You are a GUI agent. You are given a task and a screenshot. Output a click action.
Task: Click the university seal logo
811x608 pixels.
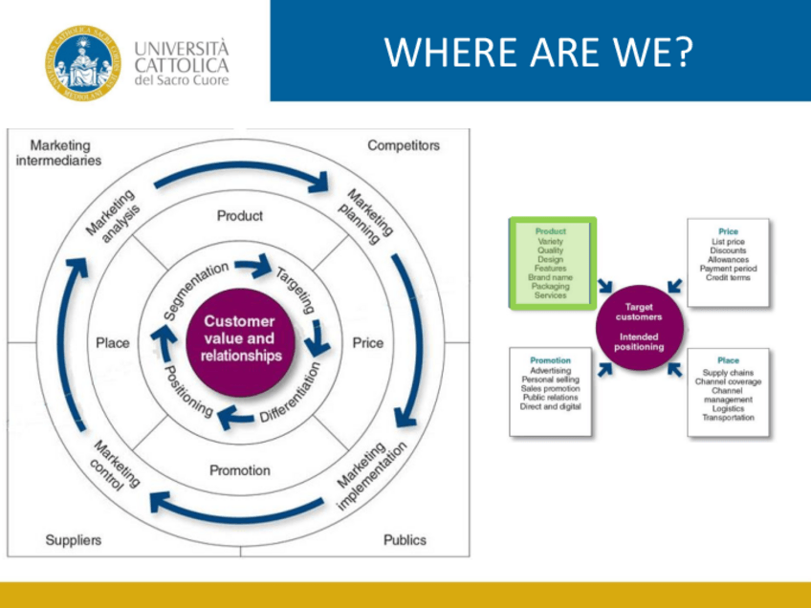[83, 61]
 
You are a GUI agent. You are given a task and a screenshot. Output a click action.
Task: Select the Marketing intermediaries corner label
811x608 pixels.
[65, 153]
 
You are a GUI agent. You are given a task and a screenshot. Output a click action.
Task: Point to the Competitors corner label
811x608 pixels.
[404, 145]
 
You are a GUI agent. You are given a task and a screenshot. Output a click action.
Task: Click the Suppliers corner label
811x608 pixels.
[73, 540]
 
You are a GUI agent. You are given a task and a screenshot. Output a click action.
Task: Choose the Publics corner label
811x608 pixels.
[405, 540]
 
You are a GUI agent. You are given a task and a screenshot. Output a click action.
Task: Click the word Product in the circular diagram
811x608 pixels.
[239, 216]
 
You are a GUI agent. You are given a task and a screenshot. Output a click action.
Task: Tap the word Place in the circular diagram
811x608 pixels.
[113, 343]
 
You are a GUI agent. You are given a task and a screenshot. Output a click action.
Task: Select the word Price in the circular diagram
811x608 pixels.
[367, 343]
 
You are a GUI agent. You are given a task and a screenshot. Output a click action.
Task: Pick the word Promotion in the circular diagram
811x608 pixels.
[239, 470]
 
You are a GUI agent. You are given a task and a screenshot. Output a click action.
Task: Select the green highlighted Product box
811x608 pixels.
[551, 263]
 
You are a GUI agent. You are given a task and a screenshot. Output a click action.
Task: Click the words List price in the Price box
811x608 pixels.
[728, 242]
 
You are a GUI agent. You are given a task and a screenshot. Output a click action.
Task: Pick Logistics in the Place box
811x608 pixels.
[728, 408]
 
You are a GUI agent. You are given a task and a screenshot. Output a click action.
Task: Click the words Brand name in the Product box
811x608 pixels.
[550, 277]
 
